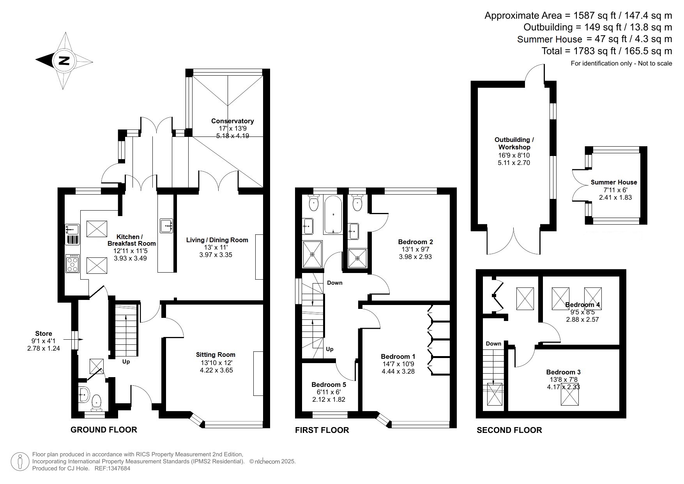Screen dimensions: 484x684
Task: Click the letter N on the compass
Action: coord(64,60)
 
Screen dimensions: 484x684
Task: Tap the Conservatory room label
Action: coord(232,121)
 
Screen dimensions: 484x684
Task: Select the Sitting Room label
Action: coord(216,355)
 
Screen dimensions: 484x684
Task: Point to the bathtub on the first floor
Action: coord(333,214)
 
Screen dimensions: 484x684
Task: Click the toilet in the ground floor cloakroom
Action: coord(96,402)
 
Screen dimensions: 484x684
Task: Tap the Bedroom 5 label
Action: coord(329,385)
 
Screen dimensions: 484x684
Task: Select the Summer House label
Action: coord(613,182)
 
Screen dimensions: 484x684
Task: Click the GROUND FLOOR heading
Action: coord(104,430)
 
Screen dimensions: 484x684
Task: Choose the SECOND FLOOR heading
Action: coord(509,430)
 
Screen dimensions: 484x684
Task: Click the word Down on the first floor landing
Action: coord(334,283)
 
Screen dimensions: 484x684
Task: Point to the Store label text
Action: coord(44,333)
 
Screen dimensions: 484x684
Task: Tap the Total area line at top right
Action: coord(606,51)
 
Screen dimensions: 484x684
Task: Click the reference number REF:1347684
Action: coord(113,468)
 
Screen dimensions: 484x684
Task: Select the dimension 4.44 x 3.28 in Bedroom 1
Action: coord(398,371)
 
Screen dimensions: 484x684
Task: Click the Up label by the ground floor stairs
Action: coord(126,362)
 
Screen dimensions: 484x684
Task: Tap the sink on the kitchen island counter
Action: coord(166,225)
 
